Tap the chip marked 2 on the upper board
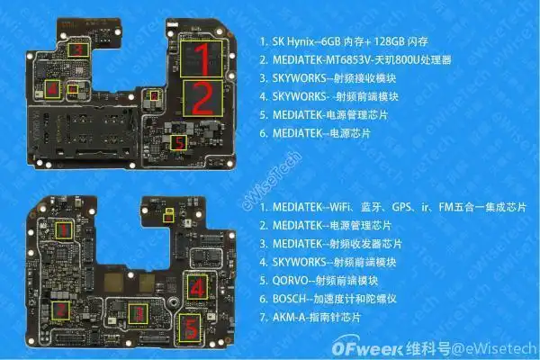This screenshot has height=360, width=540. (x=204, y=96)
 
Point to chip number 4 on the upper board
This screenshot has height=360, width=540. (x=52, y=89)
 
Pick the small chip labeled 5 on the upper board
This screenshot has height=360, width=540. (x=179, y=142)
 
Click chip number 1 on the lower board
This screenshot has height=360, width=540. (x=64, y=230)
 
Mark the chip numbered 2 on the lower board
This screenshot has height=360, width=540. (x=60, y=310)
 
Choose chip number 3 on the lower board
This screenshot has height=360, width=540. (x=137, y=312)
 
